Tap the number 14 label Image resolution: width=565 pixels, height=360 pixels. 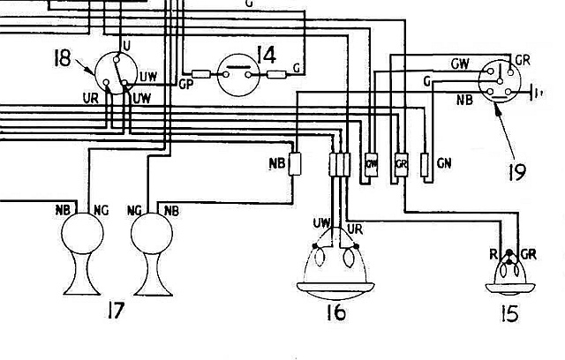coord(264,55)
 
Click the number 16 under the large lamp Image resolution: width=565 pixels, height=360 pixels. coord(334,312)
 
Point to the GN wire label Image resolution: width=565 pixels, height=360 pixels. coord(444,164)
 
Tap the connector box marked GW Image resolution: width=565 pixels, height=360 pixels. coord(372,164)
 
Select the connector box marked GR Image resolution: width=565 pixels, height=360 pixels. coord(400,164)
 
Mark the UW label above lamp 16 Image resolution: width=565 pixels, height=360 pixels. coord(321,221)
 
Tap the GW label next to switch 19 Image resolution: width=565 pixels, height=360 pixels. coord(460,64)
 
